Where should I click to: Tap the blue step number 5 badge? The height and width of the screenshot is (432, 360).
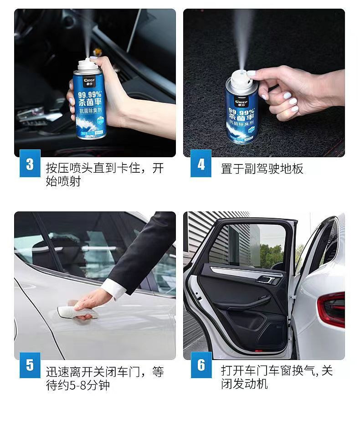coord(30,365)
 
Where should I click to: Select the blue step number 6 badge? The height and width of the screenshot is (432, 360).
coord(201,365)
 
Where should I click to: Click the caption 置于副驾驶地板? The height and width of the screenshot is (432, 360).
coord(262,169)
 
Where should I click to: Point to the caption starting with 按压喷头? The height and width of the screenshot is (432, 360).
coord(104,175)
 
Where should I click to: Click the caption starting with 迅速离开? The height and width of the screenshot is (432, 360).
coord(104,378)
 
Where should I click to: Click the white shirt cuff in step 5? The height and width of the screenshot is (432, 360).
coord(112,288)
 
